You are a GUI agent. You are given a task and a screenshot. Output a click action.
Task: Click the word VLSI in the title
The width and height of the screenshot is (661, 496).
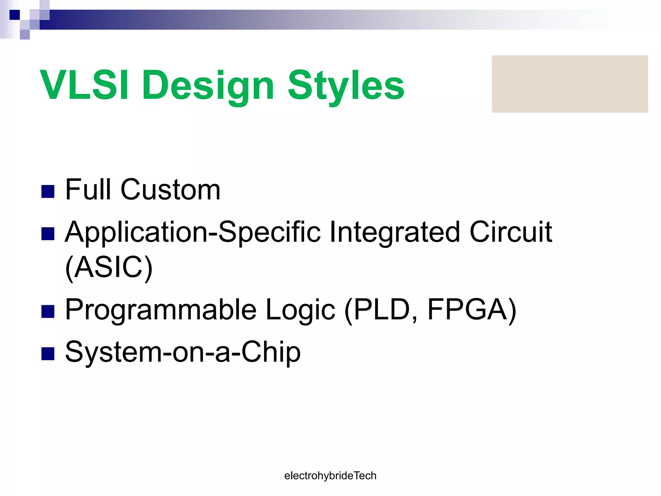click(85, 85)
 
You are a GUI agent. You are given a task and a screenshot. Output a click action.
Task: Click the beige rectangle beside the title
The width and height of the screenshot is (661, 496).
click(570, 84)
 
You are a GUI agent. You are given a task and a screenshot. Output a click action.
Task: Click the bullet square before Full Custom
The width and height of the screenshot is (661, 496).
click(48, 191)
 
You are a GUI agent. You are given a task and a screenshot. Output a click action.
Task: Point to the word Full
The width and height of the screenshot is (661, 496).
click(88, 190)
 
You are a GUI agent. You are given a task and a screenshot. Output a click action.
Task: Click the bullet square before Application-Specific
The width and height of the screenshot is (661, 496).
click(48, 234)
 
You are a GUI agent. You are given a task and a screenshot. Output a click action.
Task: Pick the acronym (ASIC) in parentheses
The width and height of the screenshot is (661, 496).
click(109, 267)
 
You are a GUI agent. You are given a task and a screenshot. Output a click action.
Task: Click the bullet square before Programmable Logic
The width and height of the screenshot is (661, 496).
click(48, 312)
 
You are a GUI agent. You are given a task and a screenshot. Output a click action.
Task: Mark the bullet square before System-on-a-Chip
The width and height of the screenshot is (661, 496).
click(48, 354)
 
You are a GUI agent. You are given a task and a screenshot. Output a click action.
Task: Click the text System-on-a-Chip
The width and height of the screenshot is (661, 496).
click(183, 352)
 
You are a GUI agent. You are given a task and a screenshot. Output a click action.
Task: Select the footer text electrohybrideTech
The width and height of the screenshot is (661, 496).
click(330, 476)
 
